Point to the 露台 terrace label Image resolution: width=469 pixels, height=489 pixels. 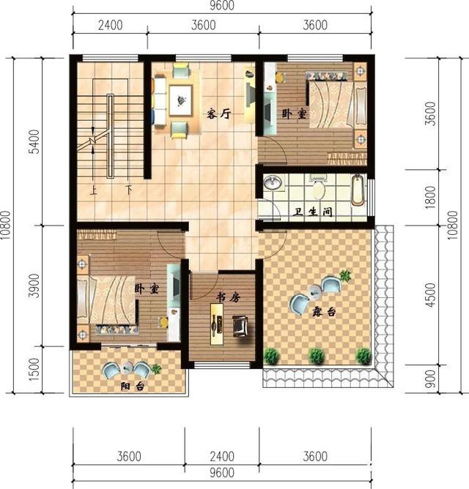323,313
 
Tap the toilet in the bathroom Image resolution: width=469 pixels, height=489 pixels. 317,189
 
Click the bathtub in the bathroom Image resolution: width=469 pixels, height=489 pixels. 357,190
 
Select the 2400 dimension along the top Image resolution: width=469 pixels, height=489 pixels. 110,25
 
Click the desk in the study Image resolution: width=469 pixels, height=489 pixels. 217,323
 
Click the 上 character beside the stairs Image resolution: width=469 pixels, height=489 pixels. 94,191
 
